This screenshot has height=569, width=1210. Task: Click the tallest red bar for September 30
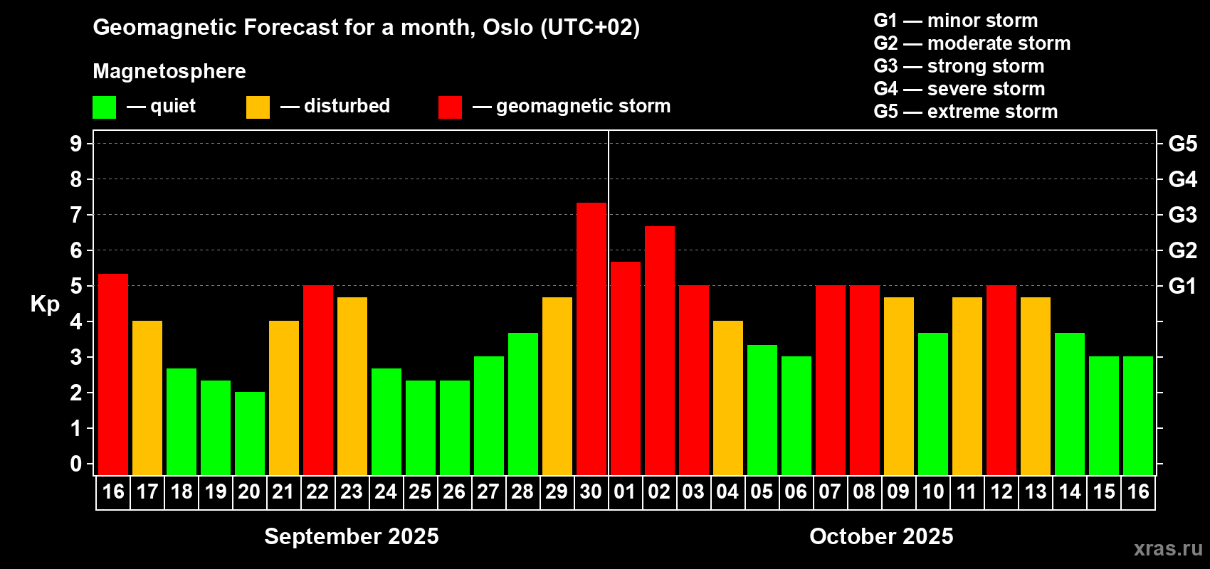591,339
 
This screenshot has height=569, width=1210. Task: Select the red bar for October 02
660,351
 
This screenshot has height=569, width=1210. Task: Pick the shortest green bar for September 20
250,433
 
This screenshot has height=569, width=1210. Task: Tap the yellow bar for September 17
147,398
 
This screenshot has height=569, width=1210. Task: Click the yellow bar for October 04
728,398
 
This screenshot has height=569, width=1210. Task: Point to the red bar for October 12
1001,380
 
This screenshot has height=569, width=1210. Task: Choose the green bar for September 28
523,404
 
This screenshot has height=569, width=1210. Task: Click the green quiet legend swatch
104,107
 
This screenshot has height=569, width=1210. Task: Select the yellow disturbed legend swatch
258,107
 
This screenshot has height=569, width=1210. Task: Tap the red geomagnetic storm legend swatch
450,107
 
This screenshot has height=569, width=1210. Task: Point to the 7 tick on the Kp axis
75,215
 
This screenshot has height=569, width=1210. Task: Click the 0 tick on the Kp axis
75,464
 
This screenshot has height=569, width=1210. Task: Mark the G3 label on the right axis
1182,215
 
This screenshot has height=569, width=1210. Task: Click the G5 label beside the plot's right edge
1182,144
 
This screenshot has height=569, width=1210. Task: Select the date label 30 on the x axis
591,491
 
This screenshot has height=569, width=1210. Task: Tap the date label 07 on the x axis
830,491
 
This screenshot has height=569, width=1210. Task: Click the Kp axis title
45,304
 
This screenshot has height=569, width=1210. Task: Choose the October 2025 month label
881,536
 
